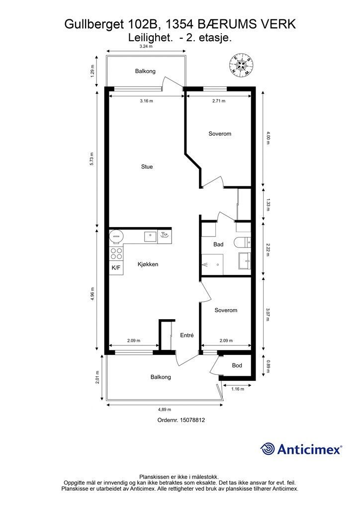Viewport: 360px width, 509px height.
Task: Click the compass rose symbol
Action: coord(241,65)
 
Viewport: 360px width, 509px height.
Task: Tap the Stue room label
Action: coord(147,167)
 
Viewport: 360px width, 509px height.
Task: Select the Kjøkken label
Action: coord(148,264)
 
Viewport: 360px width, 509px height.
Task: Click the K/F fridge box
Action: coord(116,268)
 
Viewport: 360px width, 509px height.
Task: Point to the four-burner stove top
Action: coord(116,254)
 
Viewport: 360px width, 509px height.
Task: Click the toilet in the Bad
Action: coord(242,243)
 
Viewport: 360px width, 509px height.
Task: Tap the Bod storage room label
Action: coord(237,365)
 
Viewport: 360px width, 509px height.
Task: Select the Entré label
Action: coord(186,336)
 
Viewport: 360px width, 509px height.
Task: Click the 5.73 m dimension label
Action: coord(91,159)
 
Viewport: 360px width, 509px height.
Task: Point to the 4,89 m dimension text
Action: coord(165,410)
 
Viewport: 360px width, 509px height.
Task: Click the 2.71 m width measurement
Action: coord(219,101)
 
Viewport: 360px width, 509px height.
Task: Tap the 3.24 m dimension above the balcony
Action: coord(146,46)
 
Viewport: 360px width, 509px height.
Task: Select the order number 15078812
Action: coord(181,420)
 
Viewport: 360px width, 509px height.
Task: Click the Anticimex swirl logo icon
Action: coord(268,449)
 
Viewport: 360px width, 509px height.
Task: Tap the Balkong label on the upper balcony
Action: coord(145,71)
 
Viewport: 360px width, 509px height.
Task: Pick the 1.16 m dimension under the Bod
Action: coord(238,389)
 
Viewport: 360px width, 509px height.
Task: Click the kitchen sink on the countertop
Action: coord(151,237)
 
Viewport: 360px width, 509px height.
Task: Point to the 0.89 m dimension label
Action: coord(268,366)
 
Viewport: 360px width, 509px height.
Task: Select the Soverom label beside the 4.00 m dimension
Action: coord(220,134)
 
